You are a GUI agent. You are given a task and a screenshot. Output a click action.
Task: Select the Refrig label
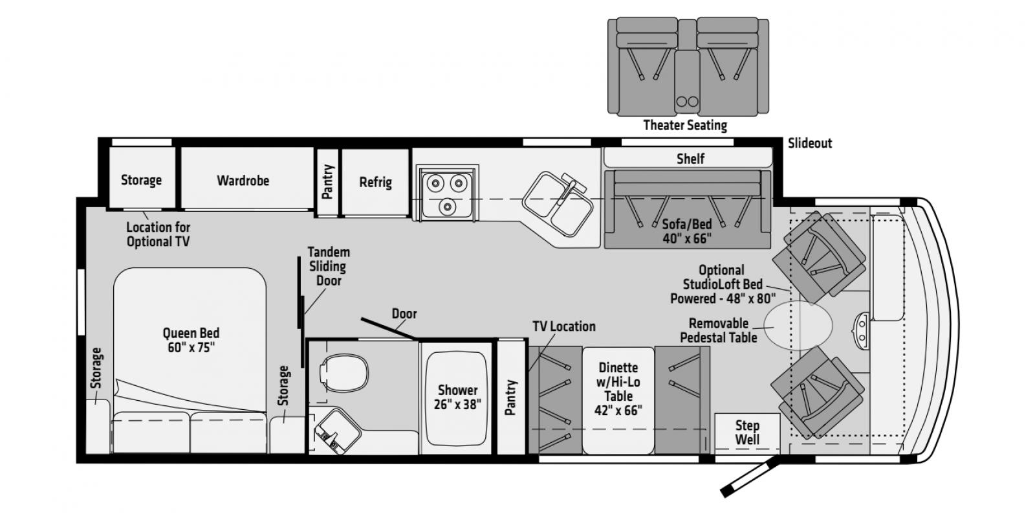pos(376,182)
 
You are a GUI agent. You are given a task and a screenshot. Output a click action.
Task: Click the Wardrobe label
pos(243,181)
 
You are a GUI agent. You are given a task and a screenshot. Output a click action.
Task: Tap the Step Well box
pos(746,433)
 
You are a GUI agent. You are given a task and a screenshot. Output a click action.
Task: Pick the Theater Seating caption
pos(685,126)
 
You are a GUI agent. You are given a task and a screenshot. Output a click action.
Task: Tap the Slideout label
pos(810,143)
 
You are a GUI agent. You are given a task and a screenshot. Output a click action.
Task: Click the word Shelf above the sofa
pos(690,159)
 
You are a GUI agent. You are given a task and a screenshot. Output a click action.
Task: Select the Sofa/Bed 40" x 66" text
pos(686,231)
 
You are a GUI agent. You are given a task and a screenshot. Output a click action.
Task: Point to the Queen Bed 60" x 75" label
pos(191,340)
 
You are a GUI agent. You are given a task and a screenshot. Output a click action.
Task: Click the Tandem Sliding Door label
pos(329,266)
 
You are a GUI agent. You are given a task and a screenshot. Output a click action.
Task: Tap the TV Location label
pos(563,326)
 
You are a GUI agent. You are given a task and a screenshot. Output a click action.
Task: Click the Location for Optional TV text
pos(158,234)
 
